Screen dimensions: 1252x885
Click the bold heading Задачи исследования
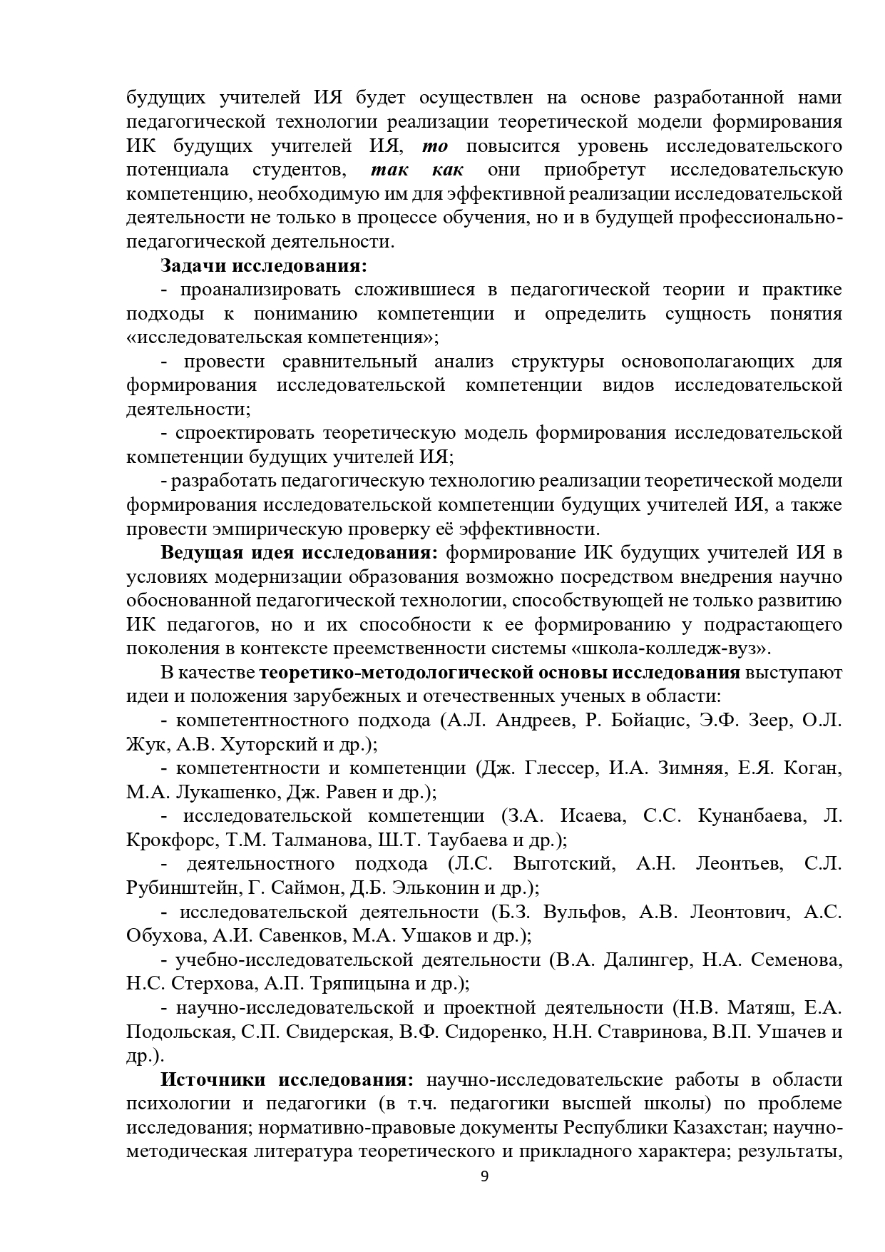tap(264, 266)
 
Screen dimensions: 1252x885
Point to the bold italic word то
tap(435, 146)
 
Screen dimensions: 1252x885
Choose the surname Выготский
tap(563, 864)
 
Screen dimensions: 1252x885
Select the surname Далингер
tap(648, 960)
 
